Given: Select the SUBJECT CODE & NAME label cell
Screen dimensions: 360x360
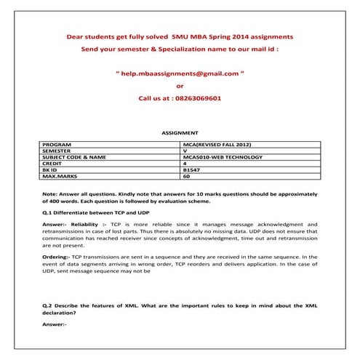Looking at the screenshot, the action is coord(74,157).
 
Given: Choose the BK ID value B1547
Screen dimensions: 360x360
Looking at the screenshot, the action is coord(193,169).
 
